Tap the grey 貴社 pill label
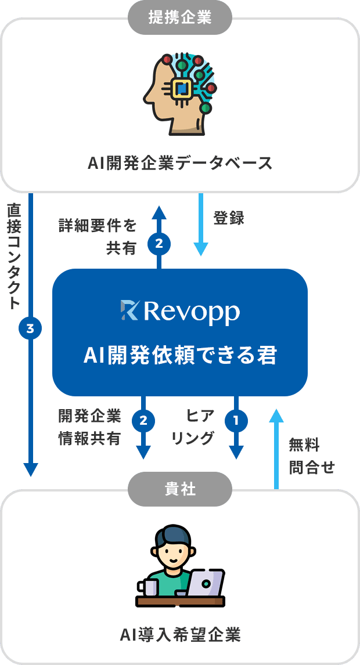pos(179,490)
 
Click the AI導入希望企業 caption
pos(180,635)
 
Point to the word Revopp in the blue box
pos(191,312)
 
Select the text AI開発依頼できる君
pos(180,355)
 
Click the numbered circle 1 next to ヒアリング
pos(236,420)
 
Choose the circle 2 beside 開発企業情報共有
pos(143,420)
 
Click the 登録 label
pos(229,219)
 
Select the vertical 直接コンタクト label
pos(14,255)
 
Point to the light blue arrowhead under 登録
pos(200,249)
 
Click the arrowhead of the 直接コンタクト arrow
pos(30,469)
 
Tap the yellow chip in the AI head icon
pos(182,88)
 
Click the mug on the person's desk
pos(149,587)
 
